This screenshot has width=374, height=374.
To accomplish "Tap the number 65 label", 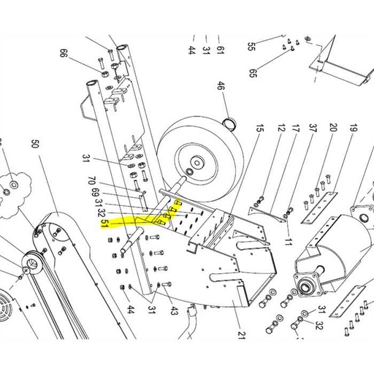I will coord(253,73).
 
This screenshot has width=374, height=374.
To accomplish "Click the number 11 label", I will coord(289,240).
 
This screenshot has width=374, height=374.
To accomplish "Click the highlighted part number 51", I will coord(105,221).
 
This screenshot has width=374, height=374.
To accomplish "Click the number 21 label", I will coord(240,337).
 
